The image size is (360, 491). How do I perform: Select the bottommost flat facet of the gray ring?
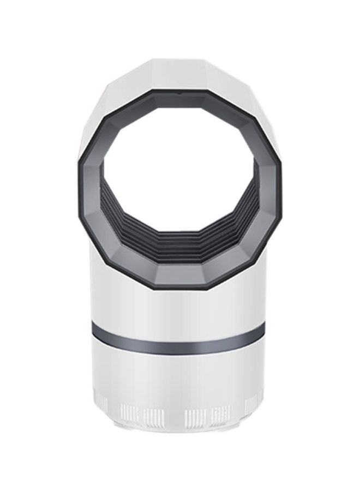[x=180, y=272]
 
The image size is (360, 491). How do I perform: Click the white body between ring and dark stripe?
[x=180, y=306]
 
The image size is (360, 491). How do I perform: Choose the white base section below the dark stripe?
[x=180, y=376]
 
